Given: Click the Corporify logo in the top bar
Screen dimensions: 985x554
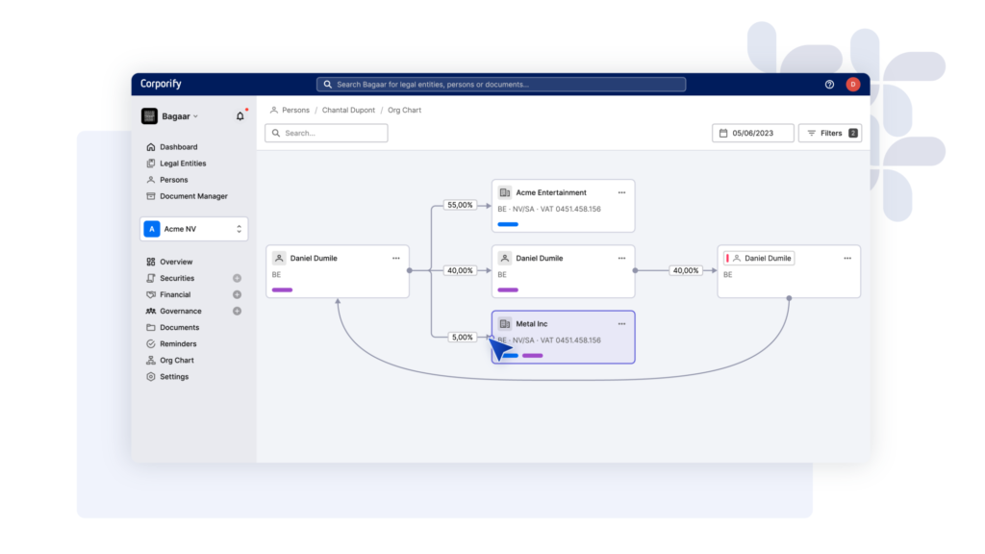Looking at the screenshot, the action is (x=161, y=84).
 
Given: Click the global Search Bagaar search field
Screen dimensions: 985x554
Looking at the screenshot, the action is (x=500, y=85).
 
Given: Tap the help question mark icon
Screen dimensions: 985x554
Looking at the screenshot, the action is (x=829, y=85).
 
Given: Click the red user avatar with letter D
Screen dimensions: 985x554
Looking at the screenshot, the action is (x=852, y=85).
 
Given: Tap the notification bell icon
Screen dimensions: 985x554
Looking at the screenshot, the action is (x=240, y=116).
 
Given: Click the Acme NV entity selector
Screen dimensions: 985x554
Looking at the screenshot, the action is (x=193, y=229).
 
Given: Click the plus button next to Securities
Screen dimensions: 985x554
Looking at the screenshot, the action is (x=237, y=278).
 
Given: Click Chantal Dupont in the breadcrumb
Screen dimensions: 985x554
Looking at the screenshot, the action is (x=348, y=110).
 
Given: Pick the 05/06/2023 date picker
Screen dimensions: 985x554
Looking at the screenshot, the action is (x=752, y=133).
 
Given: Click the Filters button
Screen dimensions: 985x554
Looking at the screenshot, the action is (x=830, y=133).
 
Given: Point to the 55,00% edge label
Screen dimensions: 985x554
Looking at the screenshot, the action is (x=460, y=206).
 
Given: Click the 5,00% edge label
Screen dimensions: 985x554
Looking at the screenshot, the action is (x=462, y=338).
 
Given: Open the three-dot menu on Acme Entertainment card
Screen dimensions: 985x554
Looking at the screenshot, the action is (x=621, y=192).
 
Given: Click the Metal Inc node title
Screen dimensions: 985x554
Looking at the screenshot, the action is (x=531, y=324).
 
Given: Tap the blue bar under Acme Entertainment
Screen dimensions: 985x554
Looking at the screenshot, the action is (x=508, y=224).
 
